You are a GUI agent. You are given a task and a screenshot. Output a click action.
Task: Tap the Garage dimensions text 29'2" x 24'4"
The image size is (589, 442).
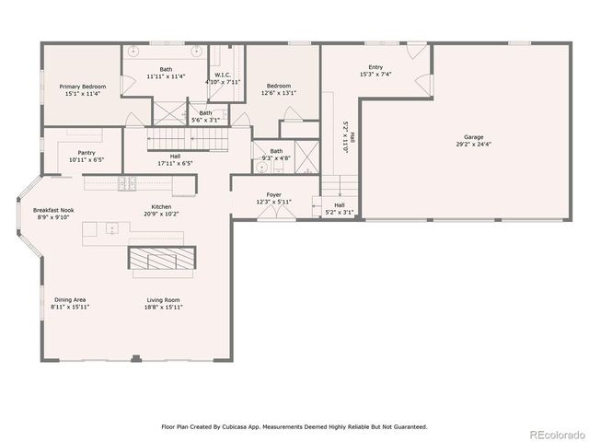[x=474, y=145]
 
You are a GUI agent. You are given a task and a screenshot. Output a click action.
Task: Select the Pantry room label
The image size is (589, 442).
[x=87, y=153]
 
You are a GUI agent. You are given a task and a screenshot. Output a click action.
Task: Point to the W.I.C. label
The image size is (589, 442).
[x=224, y=75]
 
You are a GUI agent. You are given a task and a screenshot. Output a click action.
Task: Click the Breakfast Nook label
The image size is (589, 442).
[x=53, y=210]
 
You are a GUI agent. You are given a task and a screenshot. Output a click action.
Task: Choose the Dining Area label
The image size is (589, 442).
[x=70, y=299]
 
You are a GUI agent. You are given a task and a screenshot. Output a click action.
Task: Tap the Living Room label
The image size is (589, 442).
[x=165, y=299]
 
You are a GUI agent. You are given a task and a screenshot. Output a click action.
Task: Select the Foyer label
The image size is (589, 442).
[x=274, y=194]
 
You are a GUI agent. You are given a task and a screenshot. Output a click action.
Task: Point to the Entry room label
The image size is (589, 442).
[x=375, y=67]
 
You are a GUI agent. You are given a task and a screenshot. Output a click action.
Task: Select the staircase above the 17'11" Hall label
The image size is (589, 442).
[x=188, y=139]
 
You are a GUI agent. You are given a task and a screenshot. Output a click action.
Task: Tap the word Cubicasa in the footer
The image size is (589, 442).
[x=239, y=426]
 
